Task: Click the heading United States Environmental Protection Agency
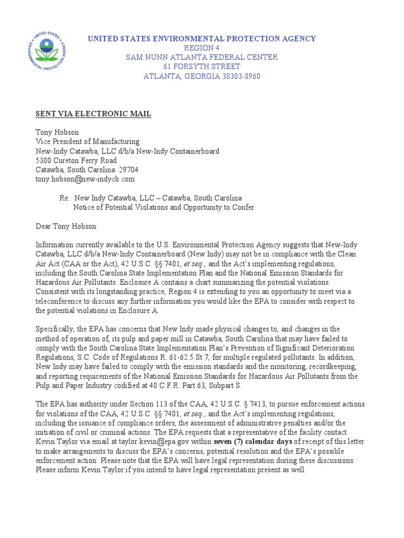[202, 38]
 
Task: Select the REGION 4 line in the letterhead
[202, 48]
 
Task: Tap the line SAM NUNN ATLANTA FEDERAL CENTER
[202, 57]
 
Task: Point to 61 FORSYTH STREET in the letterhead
[202, 67]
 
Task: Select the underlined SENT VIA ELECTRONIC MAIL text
[93, 113]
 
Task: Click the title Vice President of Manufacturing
[87, 141]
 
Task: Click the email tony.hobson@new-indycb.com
[85, 179]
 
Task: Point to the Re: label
[64, 198]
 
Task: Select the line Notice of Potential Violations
[163, 208]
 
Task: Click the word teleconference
[59, 301]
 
